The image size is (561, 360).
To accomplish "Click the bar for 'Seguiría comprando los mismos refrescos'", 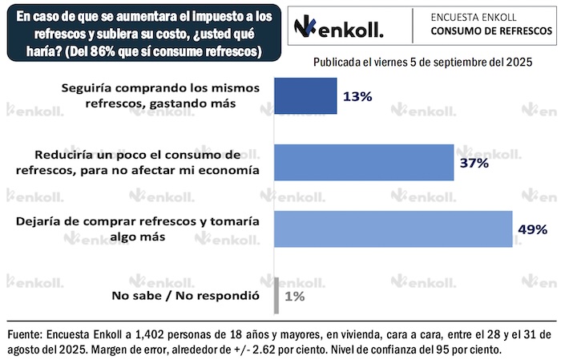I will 305,96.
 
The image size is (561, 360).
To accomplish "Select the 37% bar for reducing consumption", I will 364,163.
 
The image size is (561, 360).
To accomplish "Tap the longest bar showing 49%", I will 394,229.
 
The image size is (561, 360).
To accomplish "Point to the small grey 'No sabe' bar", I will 276,295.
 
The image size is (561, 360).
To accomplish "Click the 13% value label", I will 357,97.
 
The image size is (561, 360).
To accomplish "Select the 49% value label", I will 532,229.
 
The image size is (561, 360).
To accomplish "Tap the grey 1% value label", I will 295,296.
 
